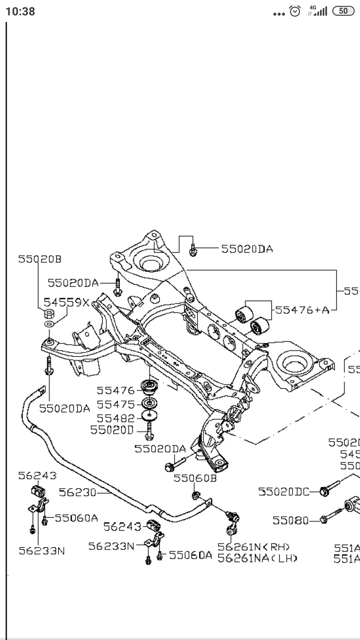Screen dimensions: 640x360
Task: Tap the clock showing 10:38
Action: (20, 11)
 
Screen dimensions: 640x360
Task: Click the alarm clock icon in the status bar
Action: (295, 11)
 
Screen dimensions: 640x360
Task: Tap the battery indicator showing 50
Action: (343, 11)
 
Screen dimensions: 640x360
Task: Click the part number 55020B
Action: (40, 259)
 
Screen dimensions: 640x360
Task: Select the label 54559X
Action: (67, 302)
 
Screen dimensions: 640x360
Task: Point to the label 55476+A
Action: (302, 310)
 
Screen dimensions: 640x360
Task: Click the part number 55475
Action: (116, 404)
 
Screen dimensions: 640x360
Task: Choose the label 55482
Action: (116, 418)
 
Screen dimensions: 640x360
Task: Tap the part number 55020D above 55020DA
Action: (112, 430)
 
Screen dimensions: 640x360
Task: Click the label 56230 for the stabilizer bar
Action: (77, 492)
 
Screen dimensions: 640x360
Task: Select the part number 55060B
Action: (195, 478)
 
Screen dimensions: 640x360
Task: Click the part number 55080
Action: (291, 520)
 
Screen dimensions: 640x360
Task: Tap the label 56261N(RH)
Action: (254, 547)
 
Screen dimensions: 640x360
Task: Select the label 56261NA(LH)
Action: (257, 558)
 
